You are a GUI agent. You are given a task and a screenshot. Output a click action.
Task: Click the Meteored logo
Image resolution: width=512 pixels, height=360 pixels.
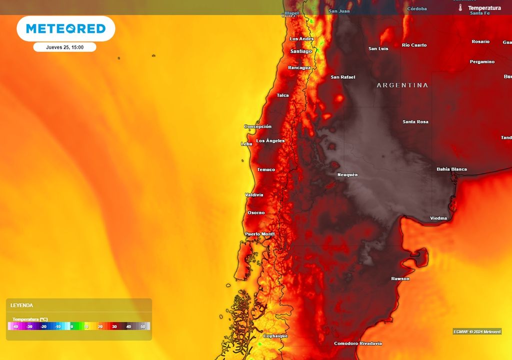65,28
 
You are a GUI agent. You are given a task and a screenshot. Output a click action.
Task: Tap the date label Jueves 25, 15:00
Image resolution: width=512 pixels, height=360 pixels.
64,47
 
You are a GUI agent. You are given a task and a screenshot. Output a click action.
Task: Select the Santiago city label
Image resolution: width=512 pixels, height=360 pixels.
301,51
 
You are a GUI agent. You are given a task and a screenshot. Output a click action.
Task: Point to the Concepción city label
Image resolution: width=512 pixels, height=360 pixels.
257,126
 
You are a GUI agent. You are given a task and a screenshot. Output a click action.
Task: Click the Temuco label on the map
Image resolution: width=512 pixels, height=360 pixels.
266,169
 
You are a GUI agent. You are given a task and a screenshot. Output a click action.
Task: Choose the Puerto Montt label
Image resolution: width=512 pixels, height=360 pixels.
260,234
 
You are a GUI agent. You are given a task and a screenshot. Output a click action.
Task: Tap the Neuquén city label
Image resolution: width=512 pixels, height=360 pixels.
347,174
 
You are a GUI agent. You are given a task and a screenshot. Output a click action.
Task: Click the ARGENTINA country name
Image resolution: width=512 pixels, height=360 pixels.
402,85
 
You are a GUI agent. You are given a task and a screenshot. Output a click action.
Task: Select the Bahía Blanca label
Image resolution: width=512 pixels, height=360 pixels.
451,169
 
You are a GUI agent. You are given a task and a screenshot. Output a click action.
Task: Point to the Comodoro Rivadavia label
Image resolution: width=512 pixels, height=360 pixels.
358,343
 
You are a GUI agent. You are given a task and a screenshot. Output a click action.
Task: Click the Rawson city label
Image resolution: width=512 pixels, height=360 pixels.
400,278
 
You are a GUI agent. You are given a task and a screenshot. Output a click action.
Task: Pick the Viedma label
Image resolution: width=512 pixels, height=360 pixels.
438,218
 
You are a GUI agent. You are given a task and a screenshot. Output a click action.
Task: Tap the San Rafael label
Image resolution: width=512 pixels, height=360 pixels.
343,77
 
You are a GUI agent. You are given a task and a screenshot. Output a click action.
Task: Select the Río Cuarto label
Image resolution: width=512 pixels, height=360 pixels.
414,45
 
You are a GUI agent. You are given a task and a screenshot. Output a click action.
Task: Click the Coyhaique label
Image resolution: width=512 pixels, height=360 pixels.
275,336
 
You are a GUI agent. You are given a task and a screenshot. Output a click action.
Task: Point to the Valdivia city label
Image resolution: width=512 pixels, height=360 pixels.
254,194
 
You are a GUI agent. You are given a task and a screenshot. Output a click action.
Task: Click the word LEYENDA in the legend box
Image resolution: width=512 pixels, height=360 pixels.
21,305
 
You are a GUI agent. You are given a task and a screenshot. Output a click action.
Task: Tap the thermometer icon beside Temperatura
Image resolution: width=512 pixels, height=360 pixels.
460,8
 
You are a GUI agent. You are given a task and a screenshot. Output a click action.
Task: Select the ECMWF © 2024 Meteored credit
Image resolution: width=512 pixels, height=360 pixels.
477,331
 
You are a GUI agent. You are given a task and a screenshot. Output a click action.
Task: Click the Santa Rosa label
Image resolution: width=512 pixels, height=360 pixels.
415,122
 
